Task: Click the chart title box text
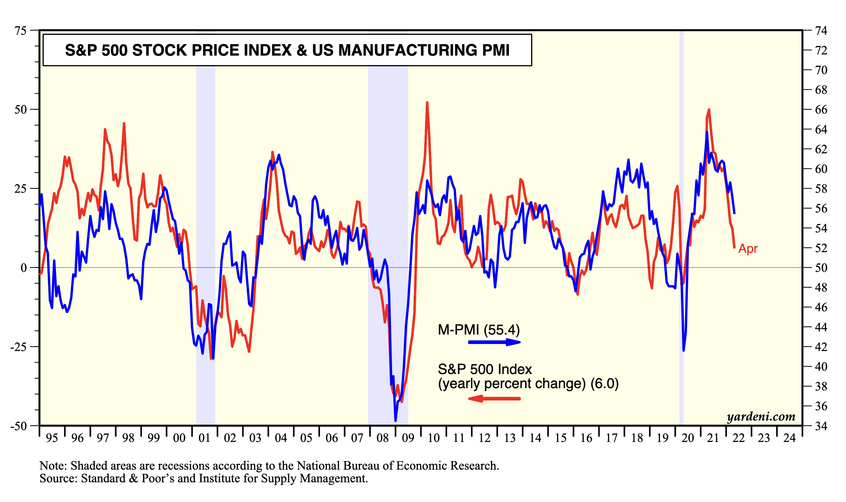287,50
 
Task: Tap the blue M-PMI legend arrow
494,342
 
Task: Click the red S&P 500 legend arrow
494,398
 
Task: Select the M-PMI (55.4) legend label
479,330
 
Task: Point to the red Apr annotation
748,249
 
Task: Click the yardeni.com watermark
761,416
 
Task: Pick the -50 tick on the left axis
18,426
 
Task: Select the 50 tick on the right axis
821,268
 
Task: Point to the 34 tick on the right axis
821,426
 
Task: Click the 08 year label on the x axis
382,438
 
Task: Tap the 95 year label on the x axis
52,438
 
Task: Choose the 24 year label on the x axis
789,438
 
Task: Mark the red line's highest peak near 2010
427,102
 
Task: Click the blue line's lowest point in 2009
396,420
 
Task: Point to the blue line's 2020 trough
684,350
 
